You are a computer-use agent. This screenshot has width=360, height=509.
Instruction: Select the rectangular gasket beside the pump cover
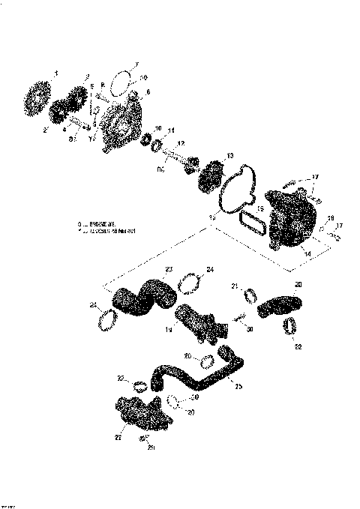[249, 223]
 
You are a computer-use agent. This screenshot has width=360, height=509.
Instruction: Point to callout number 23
[169, 269]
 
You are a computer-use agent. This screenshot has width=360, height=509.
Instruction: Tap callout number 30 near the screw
[249, 328]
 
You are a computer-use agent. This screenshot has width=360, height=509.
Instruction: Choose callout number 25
[238, 385]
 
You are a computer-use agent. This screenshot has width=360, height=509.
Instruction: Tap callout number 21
[234, 286]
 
